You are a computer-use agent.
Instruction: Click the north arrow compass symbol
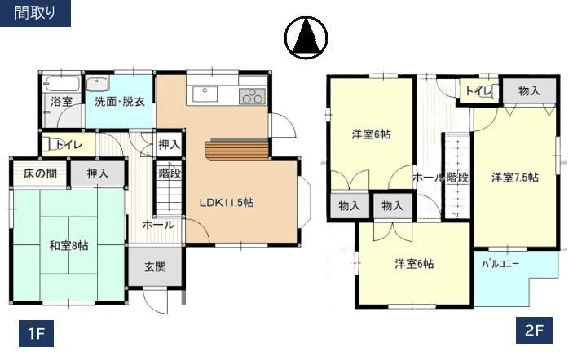coord(306,37)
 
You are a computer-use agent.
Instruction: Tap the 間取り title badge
coord(35,13)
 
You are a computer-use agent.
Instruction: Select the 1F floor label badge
coord(36,333)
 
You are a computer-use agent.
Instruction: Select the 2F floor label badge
coord(534,331)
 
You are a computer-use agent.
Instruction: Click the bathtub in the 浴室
coord(61,85)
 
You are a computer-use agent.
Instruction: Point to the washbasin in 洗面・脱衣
coord(98,85)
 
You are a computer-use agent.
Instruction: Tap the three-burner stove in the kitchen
coord(252,96)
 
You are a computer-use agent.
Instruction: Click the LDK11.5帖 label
coord(227,202)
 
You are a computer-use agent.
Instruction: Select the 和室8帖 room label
coord(68,245)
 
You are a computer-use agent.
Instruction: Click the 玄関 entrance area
coord(156,267)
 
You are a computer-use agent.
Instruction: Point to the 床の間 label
coord(40,173)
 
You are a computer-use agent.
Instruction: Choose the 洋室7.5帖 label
coord(515,178)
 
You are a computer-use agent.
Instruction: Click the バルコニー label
coord(500,264)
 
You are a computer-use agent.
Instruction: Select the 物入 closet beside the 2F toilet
coord(529,90)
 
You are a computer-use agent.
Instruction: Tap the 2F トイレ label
coord(478,90)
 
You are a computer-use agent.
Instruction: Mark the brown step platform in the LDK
coord(237,150)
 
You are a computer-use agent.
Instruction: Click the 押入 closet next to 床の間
coord(98,173)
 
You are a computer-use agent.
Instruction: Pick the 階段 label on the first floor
coord(170,173)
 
